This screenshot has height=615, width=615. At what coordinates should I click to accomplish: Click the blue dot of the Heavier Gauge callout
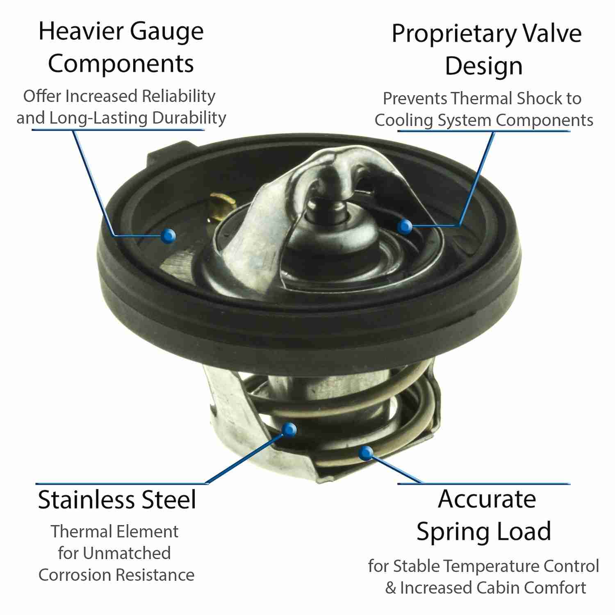point(168,235)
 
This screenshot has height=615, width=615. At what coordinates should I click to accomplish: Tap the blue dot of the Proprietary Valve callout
point(405,226)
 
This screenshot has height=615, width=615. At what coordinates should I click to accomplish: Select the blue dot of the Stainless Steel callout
point(289,429)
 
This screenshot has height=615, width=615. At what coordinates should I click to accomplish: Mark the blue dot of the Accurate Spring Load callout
point(366,453)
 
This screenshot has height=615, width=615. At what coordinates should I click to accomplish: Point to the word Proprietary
point(451,34)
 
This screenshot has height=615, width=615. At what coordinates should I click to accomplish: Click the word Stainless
point(87,500)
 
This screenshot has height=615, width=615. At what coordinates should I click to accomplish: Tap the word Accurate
point(487,499)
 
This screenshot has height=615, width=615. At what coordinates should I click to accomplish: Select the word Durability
point(189,118)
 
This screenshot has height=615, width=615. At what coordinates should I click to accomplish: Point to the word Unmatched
point(127,553)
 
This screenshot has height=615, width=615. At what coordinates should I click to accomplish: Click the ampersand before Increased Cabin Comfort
point(391,588)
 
